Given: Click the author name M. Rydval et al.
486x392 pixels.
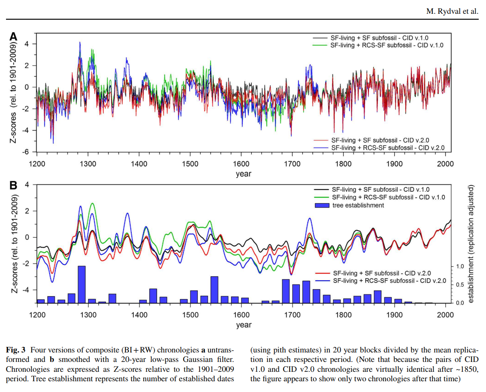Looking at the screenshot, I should point(452,11).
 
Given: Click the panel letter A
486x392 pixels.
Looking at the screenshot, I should point(13,37).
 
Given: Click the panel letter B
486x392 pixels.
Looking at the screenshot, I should point(13,186).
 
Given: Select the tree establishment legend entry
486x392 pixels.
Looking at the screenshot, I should point(358,205).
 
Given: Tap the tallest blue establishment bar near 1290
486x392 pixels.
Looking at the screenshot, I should point(82,284).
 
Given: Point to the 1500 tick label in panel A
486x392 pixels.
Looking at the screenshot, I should point(190,164).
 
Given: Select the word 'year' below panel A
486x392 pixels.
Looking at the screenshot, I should point(243,174).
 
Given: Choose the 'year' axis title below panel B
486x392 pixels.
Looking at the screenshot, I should point(243,325).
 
